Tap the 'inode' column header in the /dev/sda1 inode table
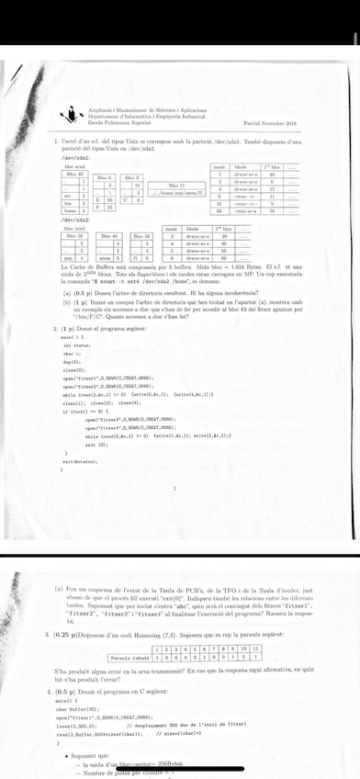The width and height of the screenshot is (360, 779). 220,166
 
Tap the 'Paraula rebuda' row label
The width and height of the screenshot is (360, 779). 130,659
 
